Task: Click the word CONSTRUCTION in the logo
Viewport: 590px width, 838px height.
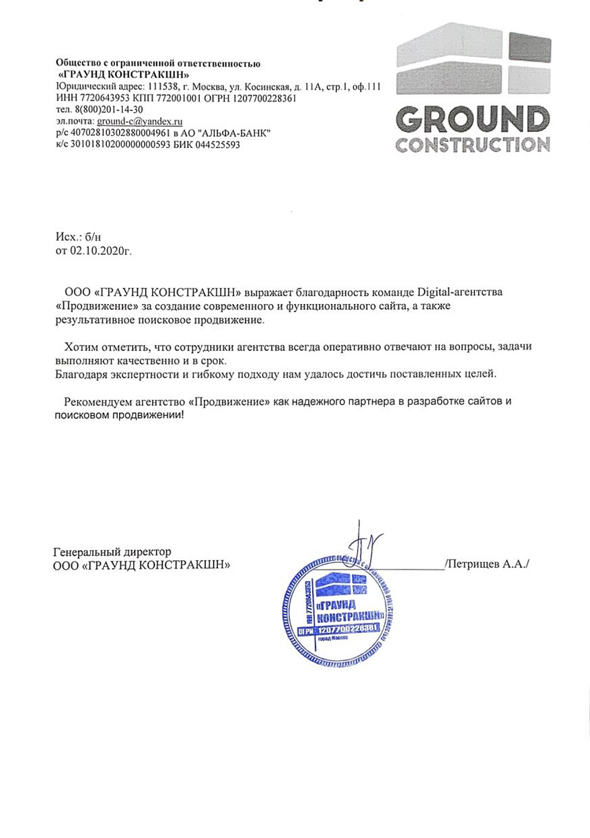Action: [472, 145]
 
